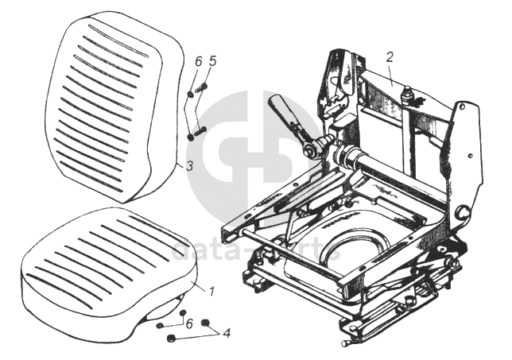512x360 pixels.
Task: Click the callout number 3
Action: [x=188, y=166]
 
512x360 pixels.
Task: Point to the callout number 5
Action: [x=212, y=60]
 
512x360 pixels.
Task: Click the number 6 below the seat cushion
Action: [x=188, y=323]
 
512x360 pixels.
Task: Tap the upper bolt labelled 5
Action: [x=201, y=87]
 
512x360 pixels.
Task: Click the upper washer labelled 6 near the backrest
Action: [x=190, y=95]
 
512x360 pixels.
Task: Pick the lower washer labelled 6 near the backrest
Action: [x=190, y=137]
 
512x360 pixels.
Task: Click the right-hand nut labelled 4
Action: [x=206, y=323]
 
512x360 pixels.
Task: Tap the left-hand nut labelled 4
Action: [x=171, y=339]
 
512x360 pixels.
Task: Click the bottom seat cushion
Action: [x=103, y=266]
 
